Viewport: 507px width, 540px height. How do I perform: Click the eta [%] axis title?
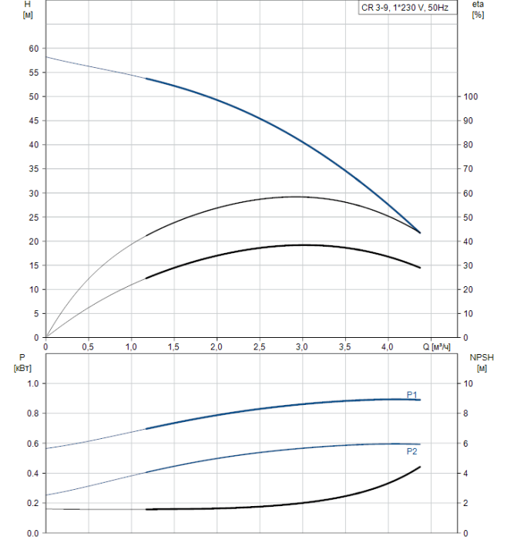click(478, 11)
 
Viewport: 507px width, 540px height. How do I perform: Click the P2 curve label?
click(412, 451)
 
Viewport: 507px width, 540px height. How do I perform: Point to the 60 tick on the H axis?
click(33, 49)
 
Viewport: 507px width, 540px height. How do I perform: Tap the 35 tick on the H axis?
click(33, 169)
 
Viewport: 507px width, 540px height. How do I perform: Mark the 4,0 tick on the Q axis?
click(388, 347)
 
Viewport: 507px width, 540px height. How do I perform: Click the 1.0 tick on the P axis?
click(32, 383)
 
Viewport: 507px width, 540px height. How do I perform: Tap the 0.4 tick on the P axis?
click(32, 474)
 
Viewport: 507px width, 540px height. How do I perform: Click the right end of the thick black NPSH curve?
click(420, 467)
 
